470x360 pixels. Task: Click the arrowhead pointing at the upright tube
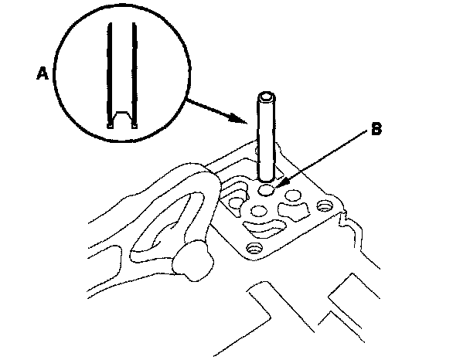coord(247,120)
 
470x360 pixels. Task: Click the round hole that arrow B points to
coord(267,189)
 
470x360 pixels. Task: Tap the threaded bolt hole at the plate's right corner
coord(323,207)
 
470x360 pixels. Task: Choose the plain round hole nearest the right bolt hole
coord(295,196)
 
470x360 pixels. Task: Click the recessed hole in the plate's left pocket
coord(233,202)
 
